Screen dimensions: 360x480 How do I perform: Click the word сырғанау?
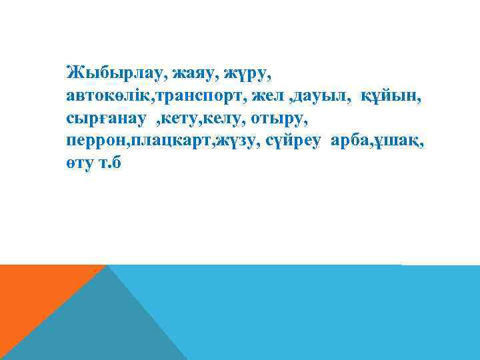click(x=105, y=120)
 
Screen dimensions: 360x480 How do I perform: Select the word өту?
click(x=82, y=167)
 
